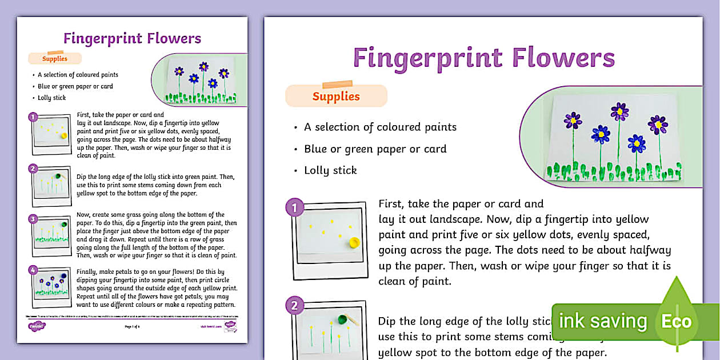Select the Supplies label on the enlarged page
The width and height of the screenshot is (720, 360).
point(336,96)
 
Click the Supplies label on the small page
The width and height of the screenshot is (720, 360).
point(55,58)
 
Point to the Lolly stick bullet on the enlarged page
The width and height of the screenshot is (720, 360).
point(330,170)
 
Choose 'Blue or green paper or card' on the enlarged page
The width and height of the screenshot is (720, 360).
point(375,149)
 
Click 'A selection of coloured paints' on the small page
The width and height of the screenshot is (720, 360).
point(78,75)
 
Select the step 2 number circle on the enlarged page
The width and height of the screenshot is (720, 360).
point(294,306)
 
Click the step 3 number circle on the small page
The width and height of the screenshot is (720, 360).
point(33,218)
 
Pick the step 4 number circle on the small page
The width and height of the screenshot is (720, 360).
point(33,270)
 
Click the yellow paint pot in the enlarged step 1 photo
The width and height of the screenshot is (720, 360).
point(354,243)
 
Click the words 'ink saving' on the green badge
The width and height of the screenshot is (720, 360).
point(602,321)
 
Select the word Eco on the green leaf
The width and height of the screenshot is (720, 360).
point(677,321)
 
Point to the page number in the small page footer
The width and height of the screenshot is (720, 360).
point(132,326)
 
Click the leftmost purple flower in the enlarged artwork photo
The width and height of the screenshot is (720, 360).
point(573,120)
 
